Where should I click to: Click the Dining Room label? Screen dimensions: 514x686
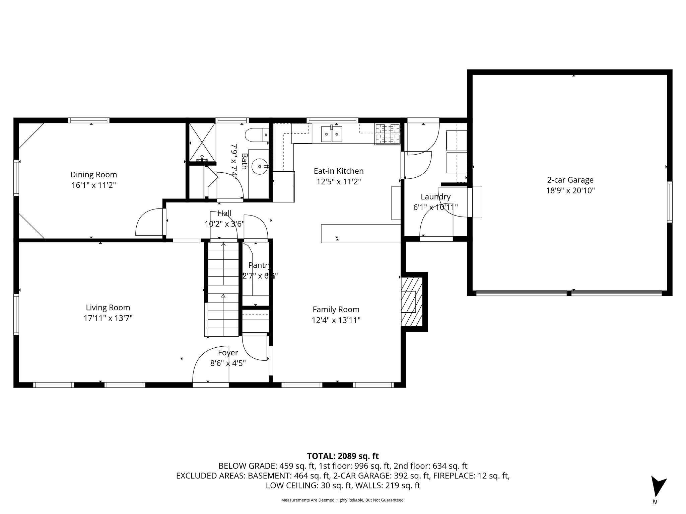point(93,174)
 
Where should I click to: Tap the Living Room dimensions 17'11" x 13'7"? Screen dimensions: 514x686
point(108,318)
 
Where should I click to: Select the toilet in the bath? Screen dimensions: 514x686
point(257,135)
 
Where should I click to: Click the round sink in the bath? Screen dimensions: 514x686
point(260,166)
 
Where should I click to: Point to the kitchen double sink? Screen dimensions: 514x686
point(332,134)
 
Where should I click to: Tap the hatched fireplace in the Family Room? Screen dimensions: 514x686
point(412,302)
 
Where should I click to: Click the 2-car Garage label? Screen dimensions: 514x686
point(570,180)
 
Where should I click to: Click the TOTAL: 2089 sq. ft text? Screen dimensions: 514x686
point(343,456)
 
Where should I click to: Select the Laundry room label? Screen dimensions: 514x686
point(435,197)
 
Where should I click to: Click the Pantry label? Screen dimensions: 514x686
point(259,265)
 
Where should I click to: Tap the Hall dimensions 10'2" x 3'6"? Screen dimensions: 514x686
point(224,224)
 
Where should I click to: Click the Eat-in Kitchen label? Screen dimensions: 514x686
point(338,171)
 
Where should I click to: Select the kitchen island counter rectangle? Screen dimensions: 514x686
point(360,233)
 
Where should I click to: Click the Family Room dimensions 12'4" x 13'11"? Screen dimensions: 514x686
point(336,320)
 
